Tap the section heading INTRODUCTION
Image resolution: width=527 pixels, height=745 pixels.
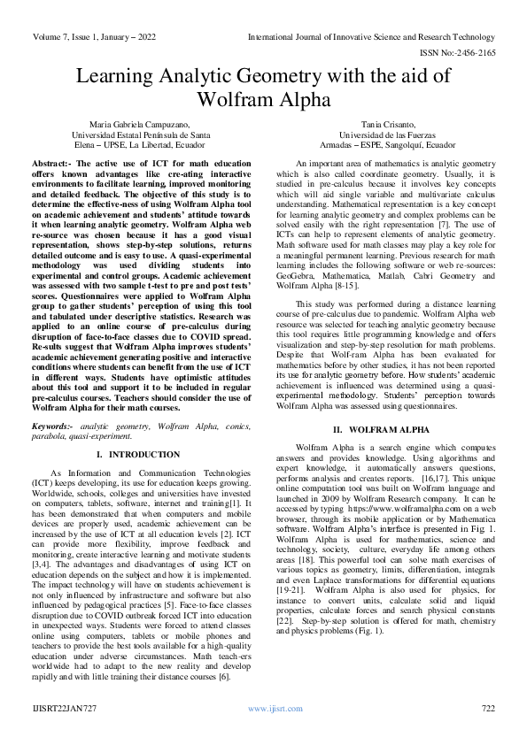(142, 454)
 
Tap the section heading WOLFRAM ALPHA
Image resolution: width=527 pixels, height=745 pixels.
(391, 429)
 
